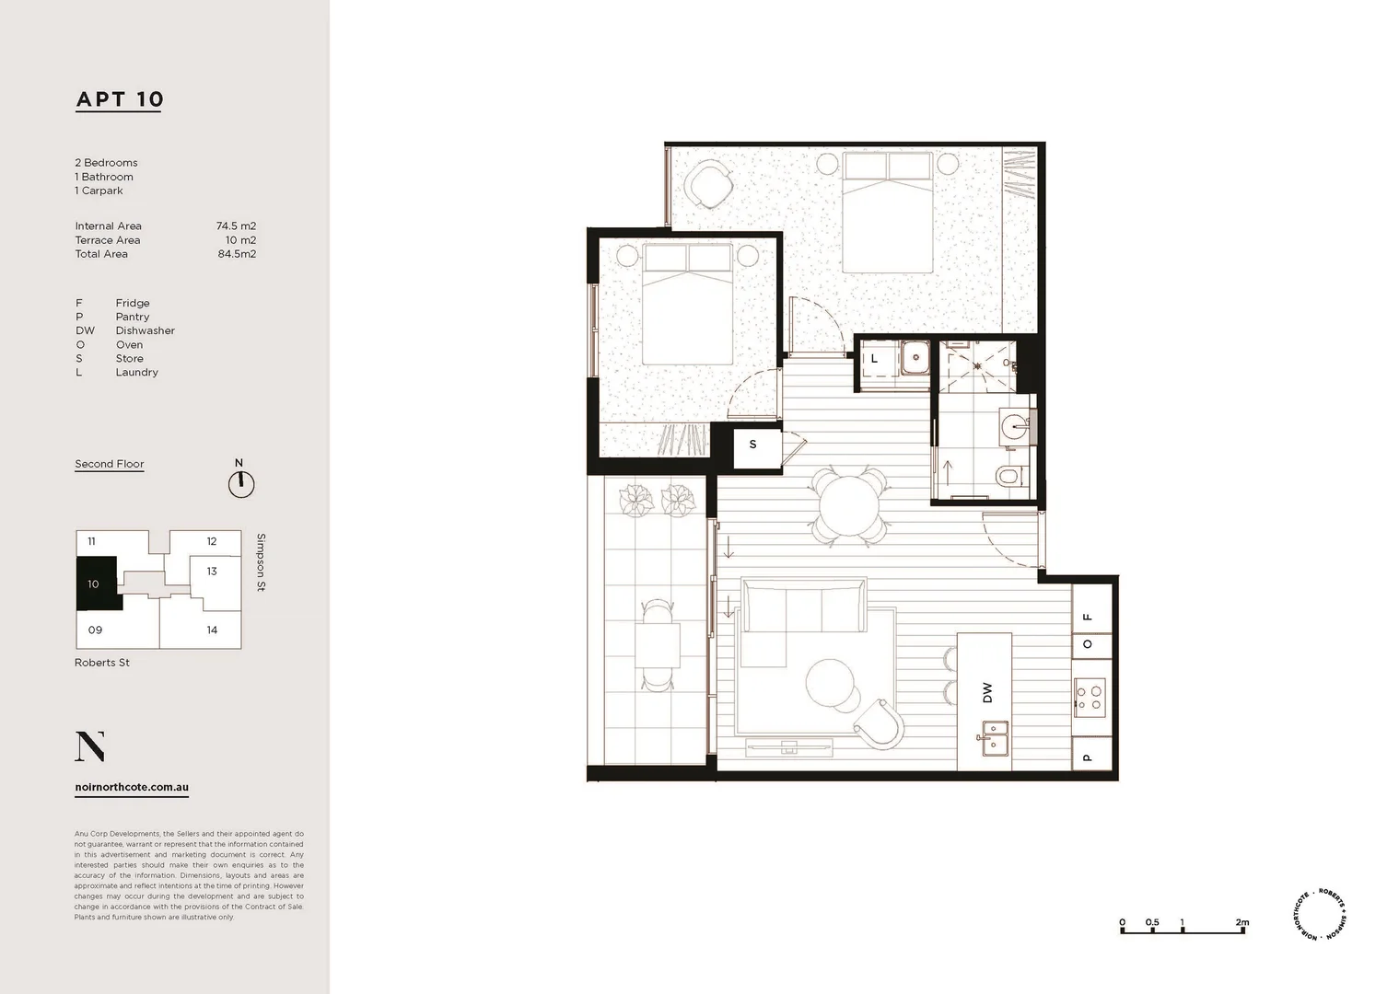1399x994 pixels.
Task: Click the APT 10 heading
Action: click(x=119, y=99)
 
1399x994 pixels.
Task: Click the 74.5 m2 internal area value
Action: click(x=236, y=225)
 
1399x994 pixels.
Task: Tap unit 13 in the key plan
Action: click(x=212, y=572)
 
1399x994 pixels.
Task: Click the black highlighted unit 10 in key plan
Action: click(x=96, y=584)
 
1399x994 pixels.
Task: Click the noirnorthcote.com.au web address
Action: click(x=132, y=788)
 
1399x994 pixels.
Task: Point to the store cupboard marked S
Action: click(x=752, y=445)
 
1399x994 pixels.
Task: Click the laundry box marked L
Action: click(x=875, y=359)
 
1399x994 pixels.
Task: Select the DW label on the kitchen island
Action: click(x=987, y=692)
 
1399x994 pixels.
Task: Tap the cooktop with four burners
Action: click(x=1090, y=696)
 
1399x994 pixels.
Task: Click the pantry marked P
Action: click(x=1088, y=757)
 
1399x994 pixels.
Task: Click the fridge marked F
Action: click(x=1088, y=617)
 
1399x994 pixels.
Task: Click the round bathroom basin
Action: click(x=1016, y=426)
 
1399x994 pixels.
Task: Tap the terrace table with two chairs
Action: click(x=657, y=645)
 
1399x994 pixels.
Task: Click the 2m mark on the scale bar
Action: click(x=1242, y=923)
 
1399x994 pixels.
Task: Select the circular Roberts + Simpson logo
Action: click(x=1320, y=914)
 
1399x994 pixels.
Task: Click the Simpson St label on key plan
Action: click(x=262, y=561)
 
